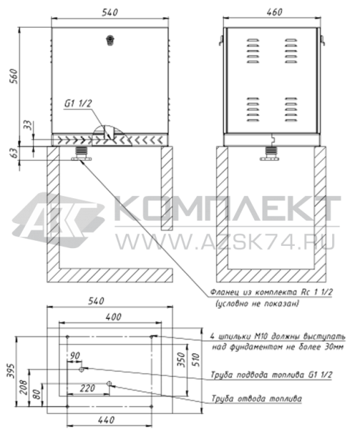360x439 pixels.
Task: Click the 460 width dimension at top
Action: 274,12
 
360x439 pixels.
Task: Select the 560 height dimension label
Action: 13,76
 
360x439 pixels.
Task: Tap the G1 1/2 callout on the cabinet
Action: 78,104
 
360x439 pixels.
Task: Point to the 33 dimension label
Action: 27,125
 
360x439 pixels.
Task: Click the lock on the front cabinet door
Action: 110,40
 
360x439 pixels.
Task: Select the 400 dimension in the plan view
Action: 113,317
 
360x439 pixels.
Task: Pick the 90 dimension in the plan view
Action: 75,356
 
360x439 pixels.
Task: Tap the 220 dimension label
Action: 88,389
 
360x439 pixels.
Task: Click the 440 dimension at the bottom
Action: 106,420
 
